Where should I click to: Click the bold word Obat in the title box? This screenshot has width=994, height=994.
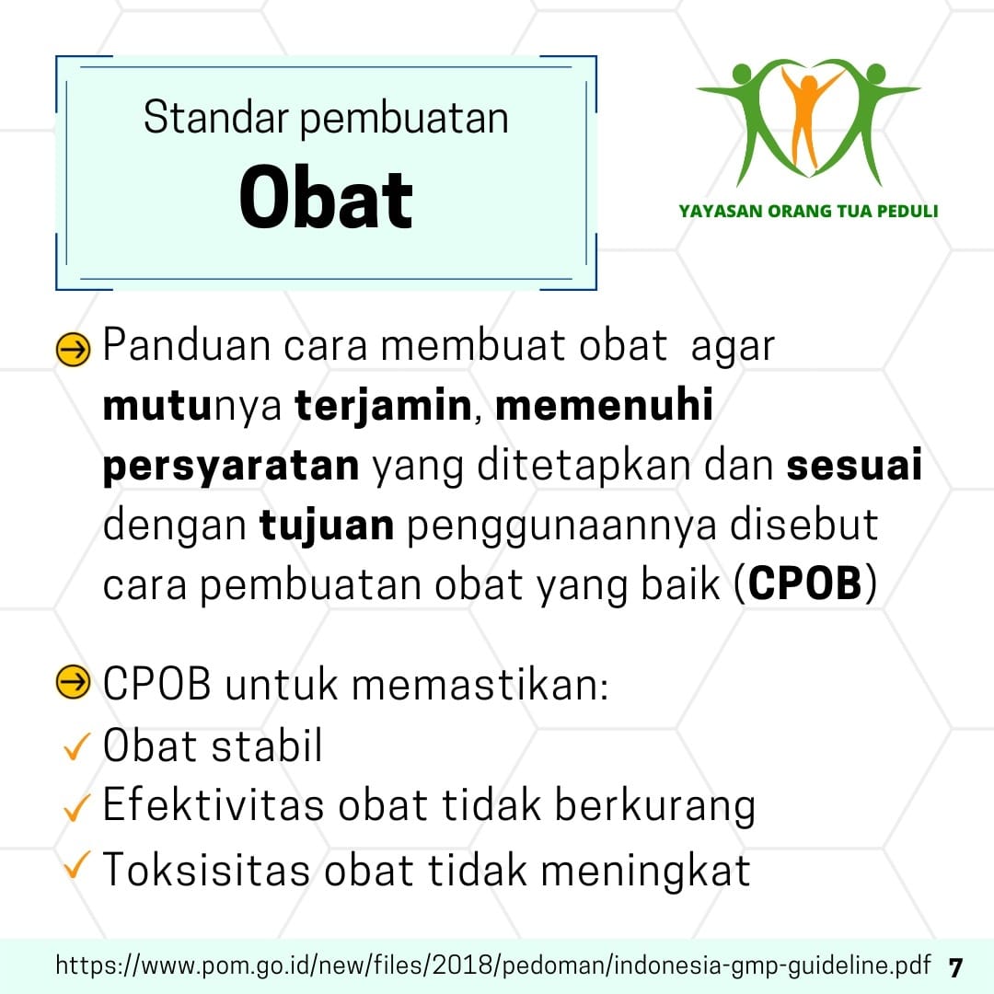[326, 197]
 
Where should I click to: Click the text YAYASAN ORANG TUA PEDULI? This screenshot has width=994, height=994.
[808, 211]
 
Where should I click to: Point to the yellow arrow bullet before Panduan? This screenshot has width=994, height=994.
[73, 350]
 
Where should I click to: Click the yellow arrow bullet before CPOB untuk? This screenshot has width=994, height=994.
[73, 682]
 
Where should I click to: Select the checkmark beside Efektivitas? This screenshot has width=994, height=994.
[77, 806]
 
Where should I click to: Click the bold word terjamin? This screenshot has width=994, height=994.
[384, 406]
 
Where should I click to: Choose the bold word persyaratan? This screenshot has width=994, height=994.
[231, 467]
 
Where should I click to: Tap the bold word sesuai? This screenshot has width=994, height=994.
[854, 465]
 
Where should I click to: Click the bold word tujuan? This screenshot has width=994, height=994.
[327, 526]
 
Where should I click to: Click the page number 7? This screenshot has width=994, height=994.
[955, 967]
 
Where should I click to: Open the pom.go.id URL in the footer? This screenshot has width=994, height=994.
[493, 965]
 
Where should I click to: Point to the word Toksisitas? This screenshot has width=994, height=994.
[206, 869]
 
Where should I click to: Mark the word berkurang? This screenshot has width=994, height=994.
[655, 806]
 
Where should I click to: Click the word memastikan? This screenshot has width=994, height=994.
[480, 685]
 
